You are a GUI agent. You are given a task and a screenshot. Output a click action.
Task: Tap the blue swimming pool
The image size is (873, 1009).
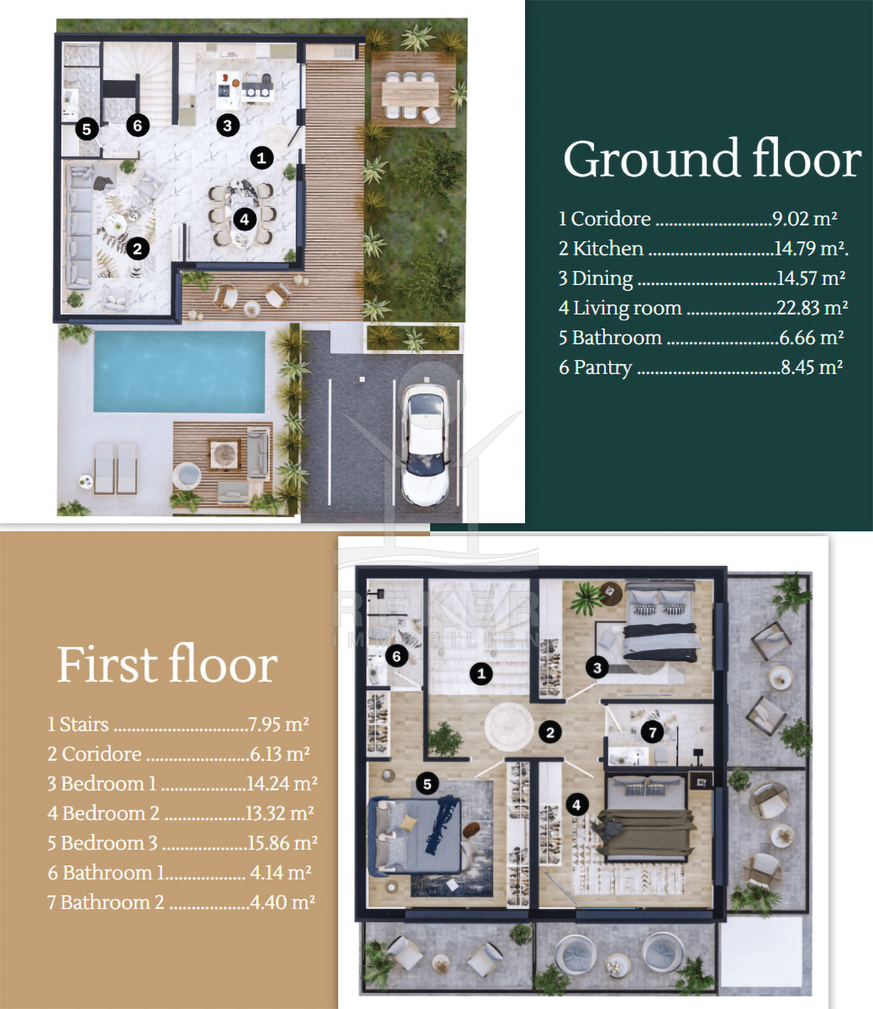[179, 372]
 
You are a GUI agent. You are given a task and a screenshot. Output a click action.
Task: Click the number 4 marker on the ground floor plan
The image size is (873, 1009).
[245, 219]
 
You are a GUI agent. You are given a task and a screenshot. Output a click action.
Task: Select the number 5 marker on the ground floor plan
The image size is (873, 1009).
[87, 129]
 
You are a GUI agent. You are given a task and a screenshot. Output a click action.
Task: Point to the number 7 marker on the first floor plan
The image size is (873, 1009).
[652, 732]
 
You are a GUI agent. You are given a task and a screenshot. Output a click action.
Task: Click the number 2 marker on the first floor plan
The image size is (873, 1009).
[550, 732]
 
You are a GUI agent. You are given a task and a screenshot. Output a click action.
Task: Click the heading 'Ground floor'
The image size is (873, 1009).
[713, 159]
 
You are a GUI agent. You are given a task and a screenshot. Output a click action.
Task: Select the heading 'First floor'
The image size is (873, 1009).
[167, 665]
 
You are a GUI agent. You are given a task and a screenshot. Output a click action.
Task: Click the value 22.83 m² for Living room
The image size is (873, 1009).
[812, 308]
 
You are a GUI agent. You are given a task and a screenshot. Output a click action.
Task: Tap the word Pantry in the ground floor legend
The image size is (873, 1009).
[602, 367]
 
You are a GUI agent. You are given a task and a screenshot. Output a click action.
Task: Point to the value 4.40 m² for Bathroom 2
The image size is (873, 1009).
[282, 902]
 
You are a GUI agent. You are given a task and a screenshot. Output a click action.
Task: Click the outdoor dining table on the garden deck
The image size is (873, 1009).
[410, 93]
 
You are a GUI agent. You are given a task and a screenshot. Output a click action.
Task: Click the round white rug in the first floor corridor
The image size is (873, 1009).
[509, 726]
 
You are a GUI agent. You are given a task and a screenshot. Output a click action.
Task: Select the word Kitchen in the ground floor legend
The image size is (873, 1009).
[607, 249]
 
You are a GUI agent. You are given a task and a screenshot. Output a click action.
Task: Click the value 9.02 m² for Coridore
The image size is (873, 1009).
[805, 219]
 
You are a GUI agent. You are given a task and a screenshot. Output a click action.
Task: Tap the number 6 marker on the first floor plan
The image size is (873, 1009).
[397, 656]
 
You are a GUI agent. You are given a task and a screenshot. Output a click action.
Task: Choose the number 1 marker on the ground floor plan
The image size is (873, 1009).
[261, 158]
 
